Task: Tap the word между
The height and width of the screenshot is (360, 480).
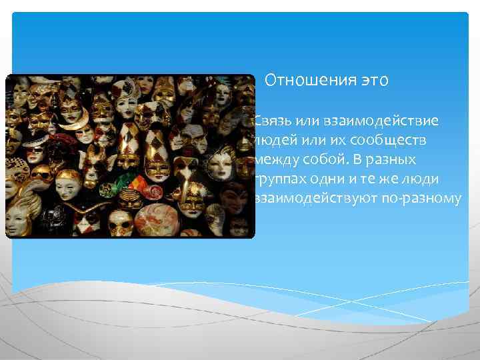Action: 273,160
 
